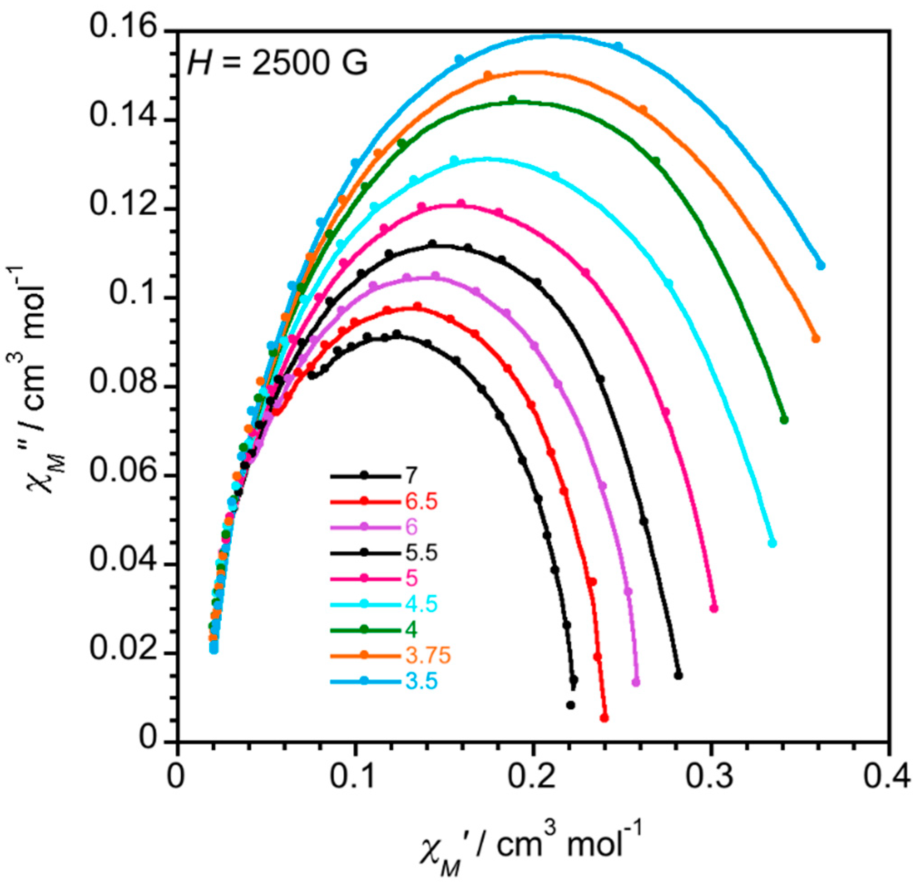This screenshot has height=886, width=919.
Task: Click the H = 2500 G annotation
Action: pos(277,63)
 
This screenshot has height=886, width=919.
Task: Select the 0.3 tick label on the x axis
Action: pos(710,778)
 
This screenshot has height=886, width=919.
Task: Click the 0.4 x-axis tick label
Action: pos(887,778)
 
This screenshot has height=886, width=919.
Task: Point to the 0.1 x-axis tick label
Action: pos(355,778)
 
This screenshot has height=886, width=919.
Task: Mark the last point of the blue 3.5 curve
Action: pos(821,265)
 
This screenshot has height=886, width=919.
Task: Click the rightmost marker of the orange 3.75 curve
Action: pos(815,339)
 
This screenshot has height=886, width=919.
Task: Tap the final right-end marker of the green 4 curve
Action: pos(784,420)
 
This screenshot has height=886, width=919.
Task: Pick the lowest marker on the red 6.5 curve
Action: pos(604,718)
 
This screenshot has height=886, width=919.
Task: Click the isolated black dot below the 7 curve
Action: pos(571,705)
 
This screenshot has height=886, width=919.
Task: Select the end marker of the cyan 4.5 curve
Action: pos(772,544)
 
